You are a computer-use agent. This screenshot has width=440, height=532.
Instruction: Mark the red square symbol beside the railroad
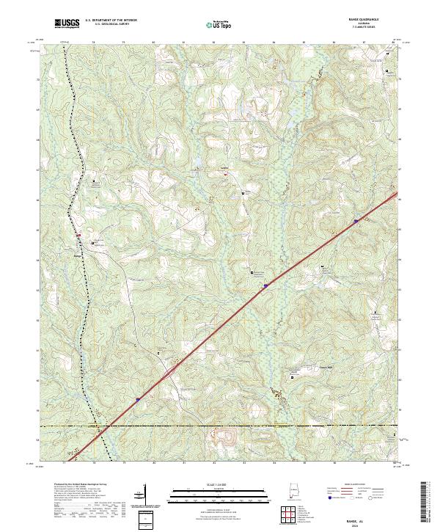tap(79, 235)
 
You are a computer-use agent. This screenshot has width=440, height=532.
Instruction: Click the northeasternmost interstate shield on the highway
tap(356, 219)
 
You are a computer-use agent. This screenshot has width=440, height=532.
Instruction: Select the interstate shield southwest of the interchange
tap(137, 400)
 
